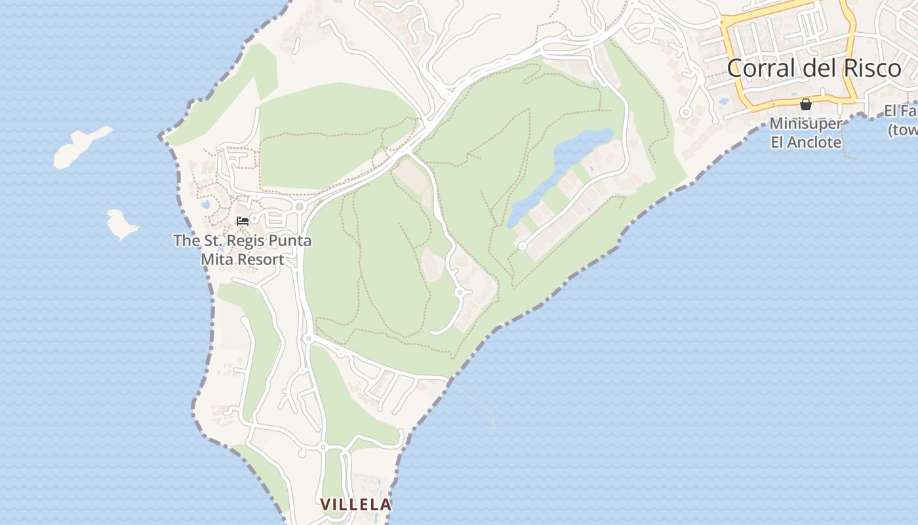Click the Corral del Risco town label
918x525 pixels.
pyautogui.click(x=814, y=68)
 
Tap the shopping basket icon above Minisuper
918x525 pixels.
pyautogui.click(x=806, y=104)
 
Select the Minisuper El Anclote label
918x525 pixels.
pyautogui.click(x=806, y=133)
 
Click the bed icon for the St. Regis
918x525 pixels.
pyautogui.click(x=243, y=221)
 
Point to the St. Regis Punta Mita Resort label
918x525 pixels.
pyautogui.click(x=243, y=250)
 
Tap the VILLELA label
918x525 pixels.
pyautogui.click(x=355, y=504)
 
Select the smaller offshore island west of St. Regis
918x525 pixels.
pyautogui.click(x=122, y=223)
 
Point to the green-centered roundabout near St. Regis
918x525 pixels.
pyautogui.click(x=300, y=207)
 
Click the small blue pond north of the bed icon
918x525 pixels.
pyautogui.click(x=206, y=205)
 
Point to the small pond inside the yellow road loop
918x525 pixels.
pyautogui.click(x=723, y=102)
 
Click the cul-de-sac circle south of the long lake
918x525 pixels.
pyautogui.click(x=523, y=246)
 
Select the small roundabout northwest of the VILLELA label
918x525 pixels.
pyautogui.click(x=322, y=447)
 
